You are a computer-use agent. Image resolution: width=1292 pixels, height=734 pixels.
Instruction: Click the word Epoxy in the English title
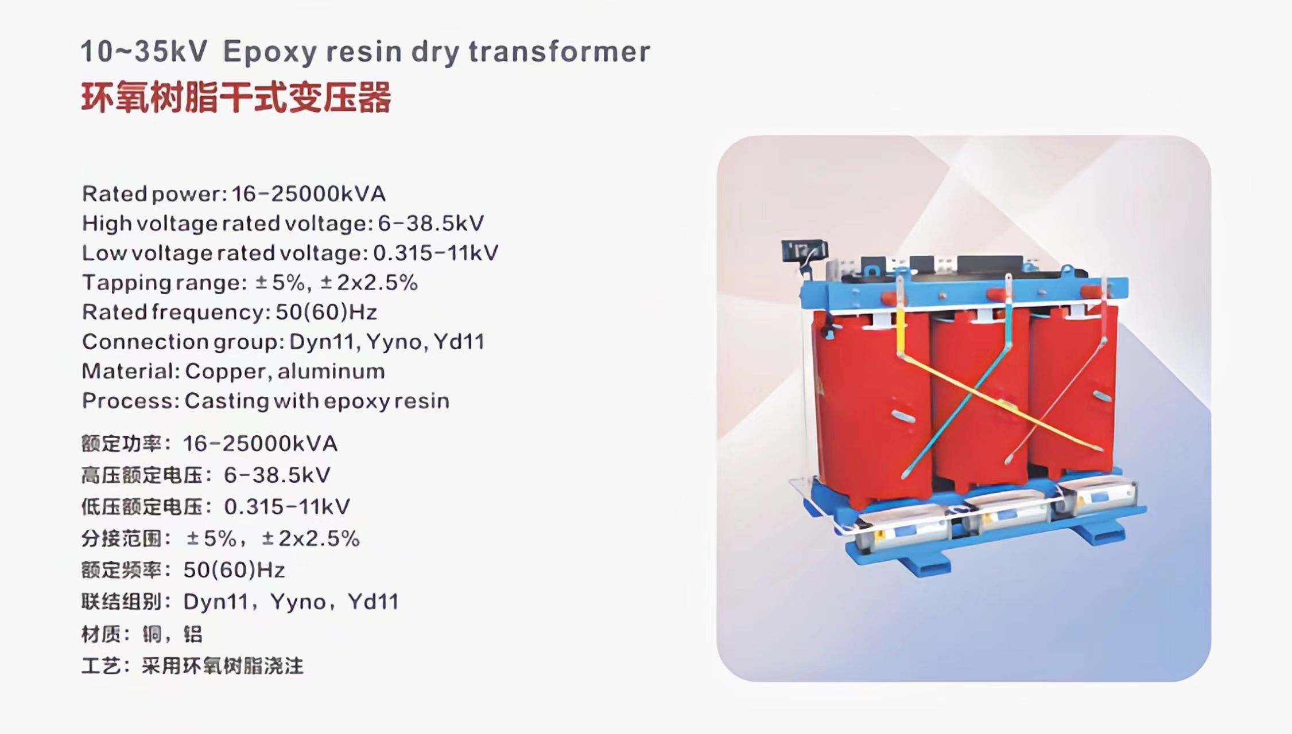tap(269, 52)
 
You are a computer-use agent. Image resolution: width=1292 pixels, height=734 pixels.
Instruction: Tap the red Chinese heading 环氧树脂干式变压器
tap(236, 97)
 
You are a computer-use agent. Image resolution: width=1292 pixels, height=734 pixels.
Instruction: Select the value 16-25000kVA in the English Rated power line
tap(308, 194)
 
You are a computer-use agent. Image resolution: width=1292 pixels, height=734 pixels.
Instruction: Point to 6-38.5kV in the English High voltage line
tap(430, 223)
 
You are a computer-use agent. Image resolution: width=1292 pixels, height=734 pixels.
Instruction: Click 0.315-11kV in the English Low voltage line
tap(436, 253)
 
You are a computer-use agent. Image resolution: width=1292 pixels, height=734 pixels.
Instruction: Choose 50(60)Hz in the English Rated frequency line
tap(326, 312)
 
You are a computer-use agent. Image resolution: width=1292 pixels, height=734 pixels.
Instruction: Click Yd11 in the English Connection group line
tap(459, 342)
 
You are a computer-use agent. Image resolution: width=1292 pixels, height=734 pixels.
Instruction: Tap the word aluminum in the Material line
tap(331, 372)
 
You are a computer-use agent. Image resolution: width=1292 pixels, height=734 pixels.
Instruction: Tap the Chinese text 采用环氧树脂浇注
tap(222, 666)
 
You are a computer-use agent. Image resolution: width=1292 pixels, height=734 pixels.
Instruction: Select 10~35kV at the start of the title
tap(144, 52)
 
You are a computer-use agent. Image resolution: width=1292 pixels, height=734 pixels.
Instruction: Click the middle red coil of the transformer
tap(976, 401)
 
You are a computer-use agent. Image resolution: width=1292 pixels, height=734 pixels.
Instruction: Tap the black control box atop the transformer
tap(804, 251)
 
